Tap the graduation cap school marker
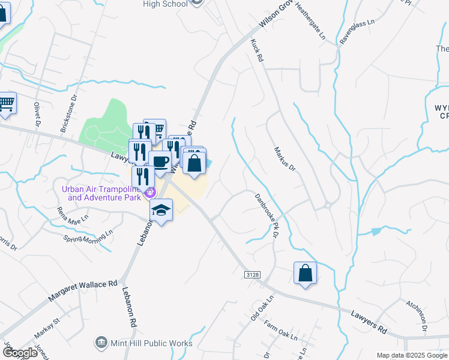(x=161, y=211)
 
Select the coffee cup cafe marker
(x=160, y=163)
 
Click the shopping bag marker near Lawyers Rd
(x=306, y=273)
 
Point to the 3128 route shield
(x=253, y=274)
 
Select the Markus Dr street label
(x=285, y=159)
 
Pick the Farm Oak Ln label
(x=281, y=333)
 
